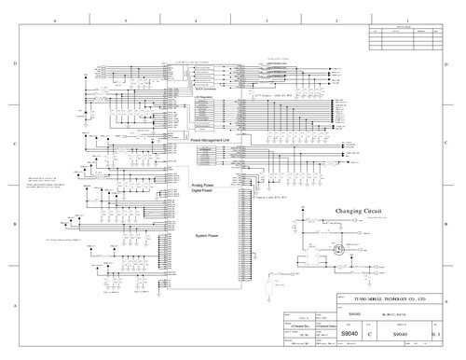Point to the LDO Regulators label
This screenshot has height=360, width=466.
point(206,94)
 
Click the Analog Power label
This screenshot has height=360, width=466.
point(202,186)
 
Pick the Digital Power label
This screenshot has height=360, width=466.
point(201,192)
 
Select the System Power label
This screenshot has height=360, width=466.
point(208,235)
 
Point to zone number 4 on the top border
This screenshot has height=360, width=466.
point(196,20)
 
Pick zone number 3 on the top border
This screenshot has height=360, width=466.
point(267,20)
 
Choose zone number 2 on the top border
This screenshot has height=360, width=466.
point(336,20)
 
